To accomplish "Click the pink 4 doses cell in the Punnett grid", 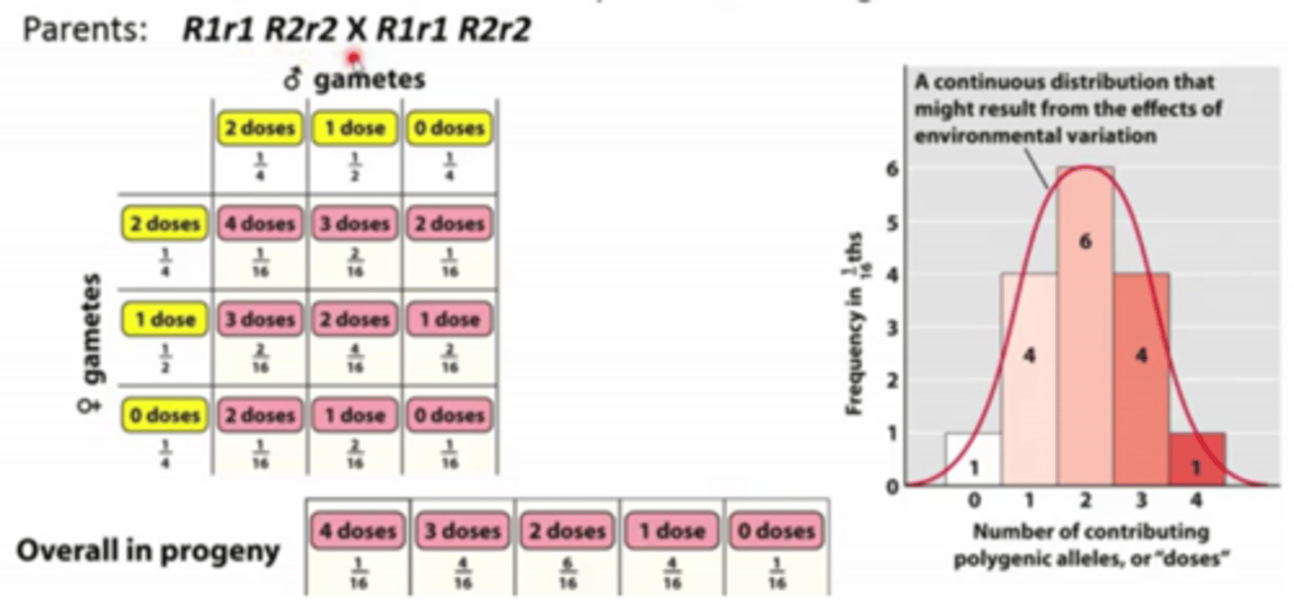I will pyautogui.click(x=260, y=224).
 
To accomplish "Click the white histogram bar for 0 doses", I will pyautogui.click(x=973, y=459).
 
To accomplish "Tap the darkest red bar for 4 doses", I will pyautogui.click(x=1196, y=459).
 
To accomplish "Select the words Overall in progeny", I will pyautogui.click(x=148, y=550).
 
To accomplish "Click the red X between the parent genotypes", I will pyautogui.click(x=357, y=31).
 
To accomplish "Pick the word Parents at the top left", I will pyautogui.click(x=83, y=31).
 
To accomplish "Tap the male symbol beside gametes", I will pyautogui.click(x=291, y=81).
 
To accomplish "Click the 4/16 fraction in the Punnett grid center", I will pyautogui.click(x=355, y=368).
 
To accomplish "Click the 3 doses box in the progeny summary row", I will pyautogui.click(x=462, y=531).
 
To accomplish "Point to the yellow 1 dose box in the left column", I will pyautogui.click(x=164, y=320).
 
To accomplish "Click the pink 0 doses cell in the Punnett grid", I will pyautogui.click(x=449, y=416).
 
